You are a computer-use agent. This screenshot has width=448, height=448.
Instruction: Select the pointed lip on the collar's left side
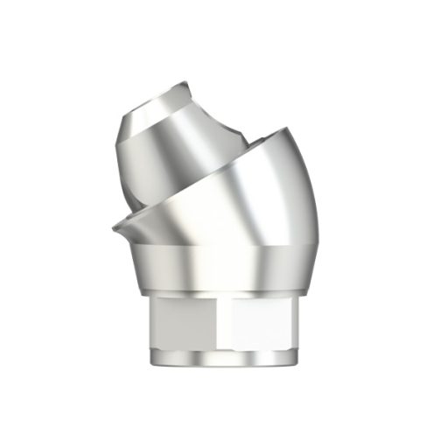[x=116, y=230]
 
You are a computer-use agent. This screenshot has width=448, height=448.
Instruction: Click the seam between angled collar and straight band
[x=219, y=247]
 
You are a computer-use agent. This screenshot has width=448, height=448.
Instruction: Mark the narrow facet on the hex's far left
[x=150, y=324]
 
